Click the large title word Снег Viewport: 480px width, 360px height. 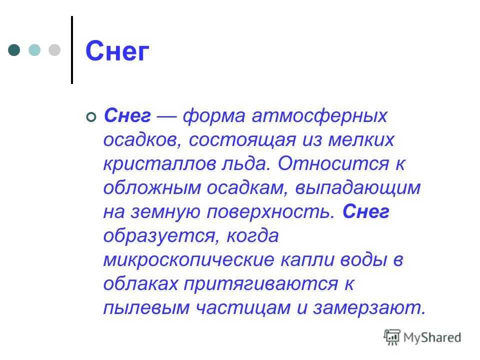pyautogui.click(x=117, y=51)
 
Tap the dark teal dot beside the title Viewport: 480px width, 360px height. pyautogui.click(x=14, y=50)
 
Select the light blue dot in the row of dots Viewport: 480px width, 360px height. pyautogui.click(x=34, y=50)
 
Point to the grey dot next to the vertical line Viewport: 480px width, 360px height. pyautogui.click(x=54, y=50)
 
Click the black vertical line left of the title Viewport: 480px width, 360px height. pyautogui.click(x=72, y=50)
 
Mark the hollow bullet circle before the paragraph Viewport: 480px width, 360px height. pyautogui.click(x=91, y=117)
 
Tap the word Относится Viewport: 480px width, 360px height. pyautogui.click(x=333, y=163)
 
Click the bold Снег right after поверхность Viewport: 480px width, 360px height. pyautogui.click(x=366, y=211)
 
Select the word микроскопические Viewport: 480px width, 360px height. pyautogui.click(x=188, y=260)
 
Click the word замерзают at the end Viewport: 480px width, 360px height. pyautogui.click(x=369, y=308)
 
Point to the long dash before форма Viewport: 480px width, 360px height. pyautogui.click(x=166, y=116)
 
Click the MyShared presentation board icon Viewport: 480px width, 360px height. pyautogui.click(x=392, y=337)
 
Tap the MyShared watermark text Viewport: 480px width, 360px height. pyautogui.click(x=432, y=337)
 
